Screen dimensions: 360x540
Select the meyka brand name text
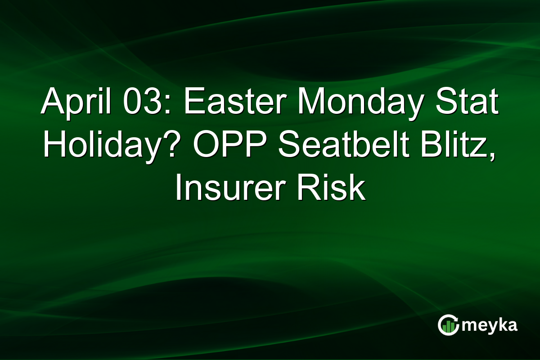coord(490,325)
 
